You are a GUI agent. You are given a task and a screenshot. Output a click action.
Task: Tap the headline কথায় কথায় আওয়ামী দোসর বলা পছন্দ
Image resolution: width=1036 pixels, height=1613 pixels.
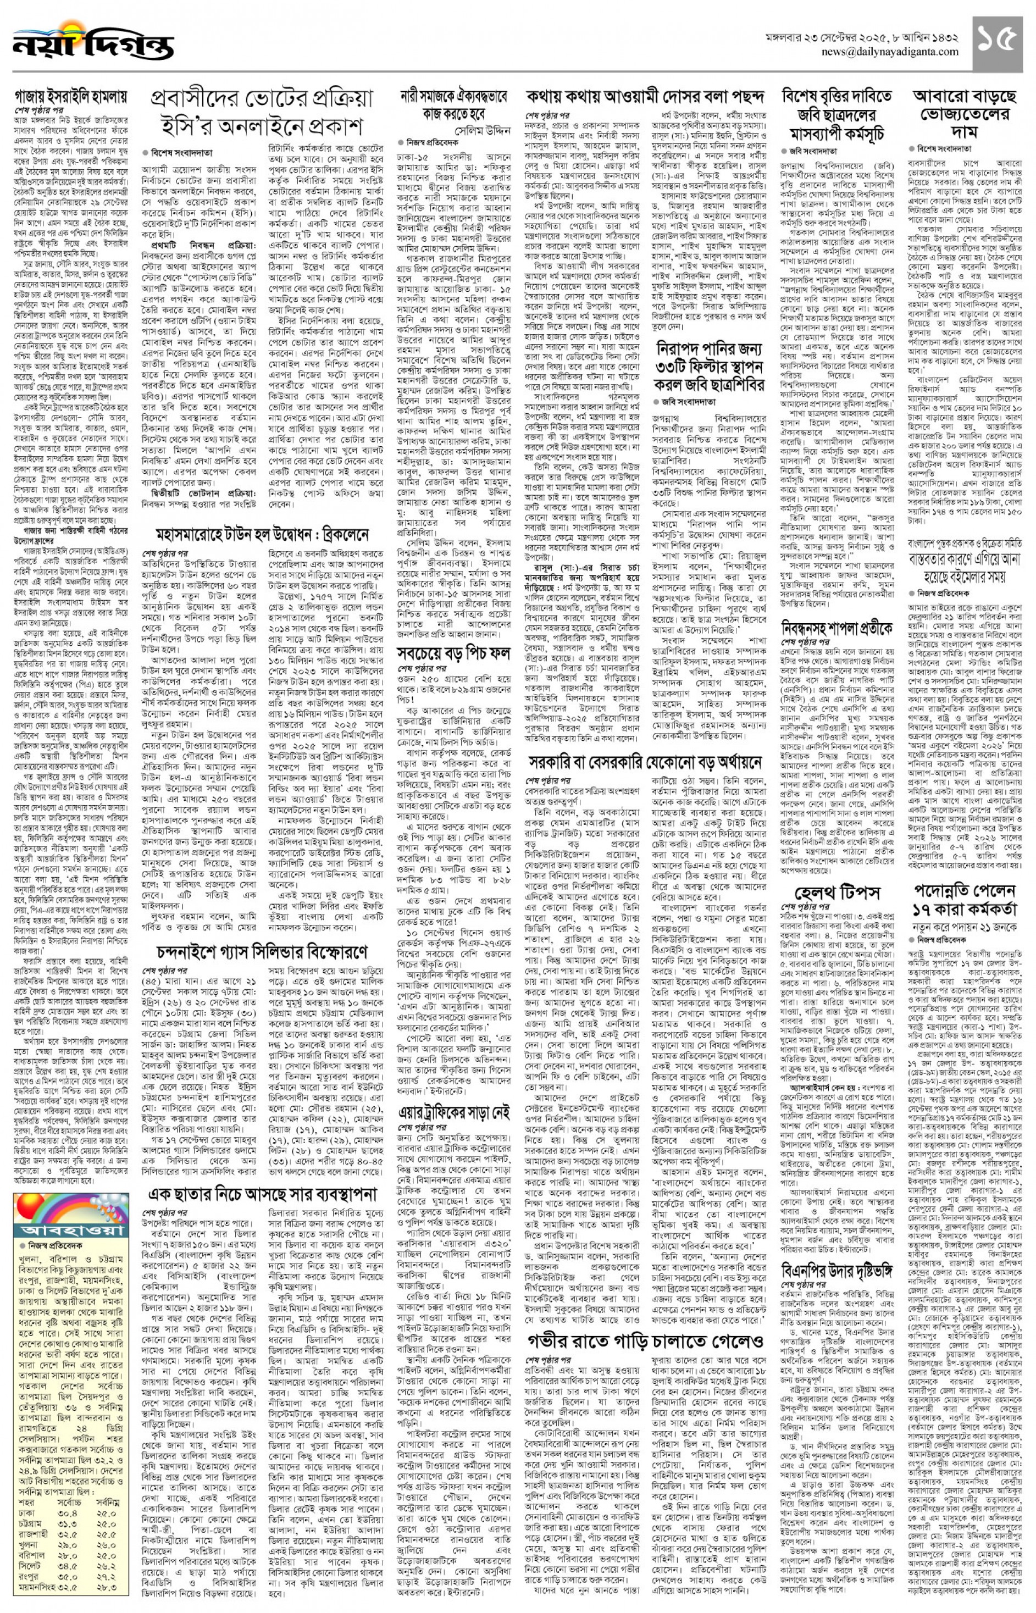click(646, 97)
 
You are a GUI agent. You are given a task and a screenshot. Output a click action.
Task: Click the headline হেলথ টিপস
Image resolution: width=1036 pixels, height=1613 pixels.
click(836, 893)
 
